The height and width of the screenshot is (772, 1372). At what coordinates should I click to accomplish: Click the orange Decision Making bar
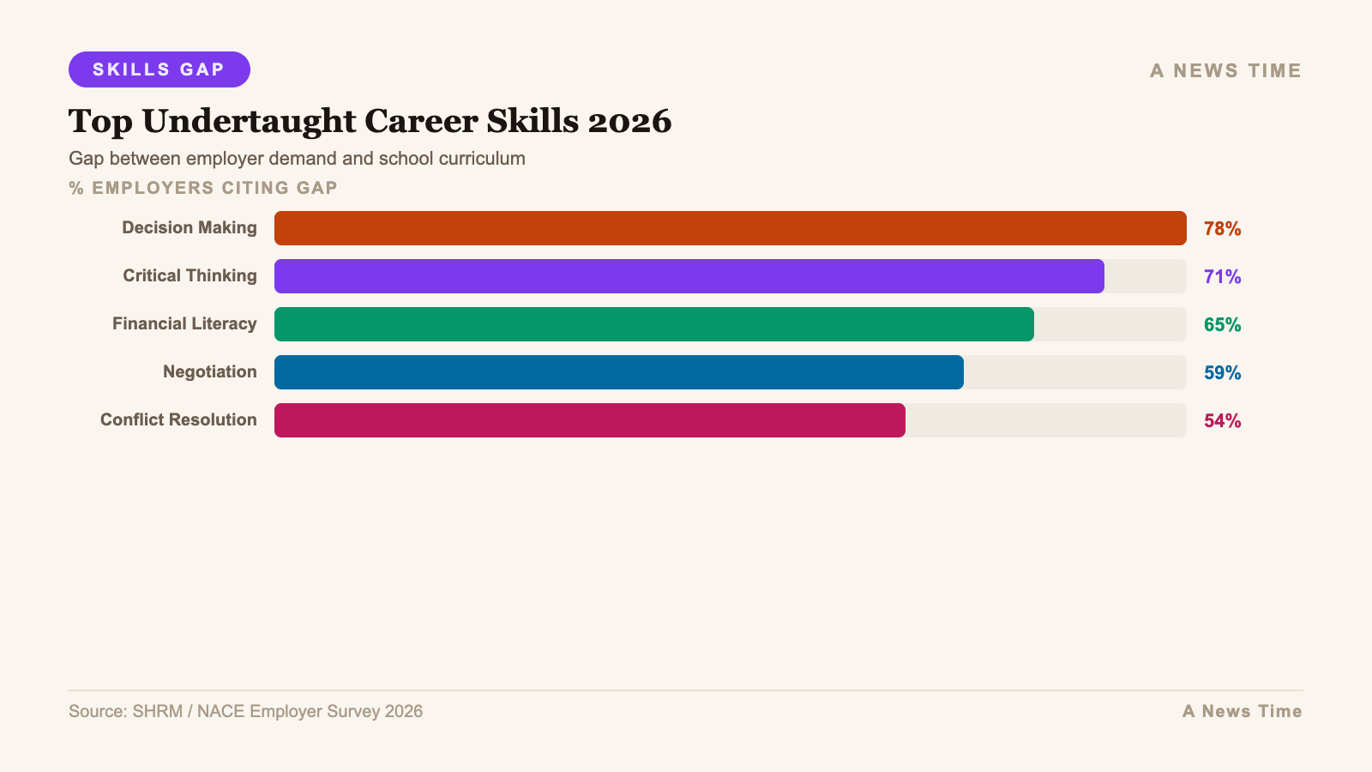point(730,228)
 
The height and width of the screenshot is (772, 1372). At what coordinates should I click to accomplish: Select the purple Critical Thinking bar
point(689,276)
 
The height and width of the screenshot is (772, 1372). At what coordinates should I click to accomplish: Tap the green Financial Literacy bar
point(653,324)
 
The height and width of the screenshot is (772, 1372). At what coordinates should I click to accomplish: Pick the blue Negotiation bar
point(618,372)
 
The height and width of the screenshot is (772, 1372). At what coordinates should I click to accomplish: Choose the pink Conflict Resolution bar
point(589,420)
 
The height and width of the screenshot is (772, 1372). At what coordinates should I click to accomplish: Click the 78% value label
point(1222,229)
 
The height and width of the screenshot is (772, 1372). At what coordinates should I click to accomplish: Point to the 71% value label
point(1222,277)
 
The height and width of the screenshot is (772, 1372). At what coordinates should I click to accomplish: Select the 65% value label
point(1222,325)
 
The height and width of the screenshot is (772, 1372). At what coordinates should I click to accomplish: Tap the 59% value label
point(1222,373)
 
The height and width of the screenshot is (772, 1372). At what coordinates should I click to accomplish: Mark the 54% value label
point(1222,421)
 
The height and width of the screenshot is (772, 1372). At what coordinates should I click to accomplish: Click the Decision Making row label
point(190,228)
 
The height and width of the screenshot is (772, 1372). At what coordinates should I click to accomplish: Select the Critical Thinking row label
point(190,276)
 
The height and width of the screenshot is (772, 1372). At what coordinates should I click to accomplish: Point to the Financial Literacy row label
point(184,324)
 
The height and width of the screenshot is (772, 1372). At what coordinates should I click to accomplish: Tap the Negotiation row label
point(210,372)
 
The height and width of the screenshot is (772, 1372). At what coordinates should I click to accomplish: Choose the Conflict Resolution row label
point(178,420)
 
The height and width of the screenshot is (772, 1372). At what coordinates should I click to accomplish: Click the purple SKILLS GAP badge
point(159,69)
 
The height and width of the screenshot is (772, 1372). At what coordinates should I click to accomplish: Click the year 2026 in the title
point(629,122)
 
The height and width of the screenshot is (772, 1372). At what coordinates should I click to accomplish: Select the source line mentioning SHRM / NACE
point(245,712)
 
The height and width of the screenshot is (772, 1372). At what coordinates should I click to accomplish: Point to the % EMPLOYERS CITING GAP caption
point(203,188)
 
